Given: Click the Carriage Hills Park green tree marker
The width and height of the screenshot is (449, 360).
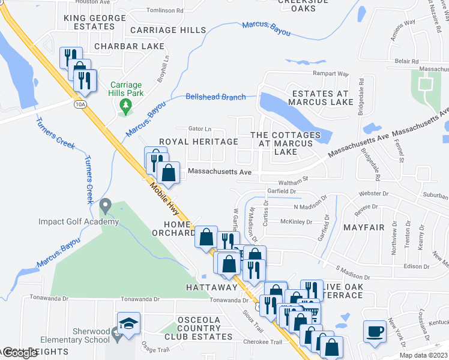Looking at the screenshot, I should point(125,107).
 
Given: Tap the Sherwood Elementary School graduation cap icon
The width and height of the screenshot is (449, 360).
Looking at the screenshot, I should point(128,324).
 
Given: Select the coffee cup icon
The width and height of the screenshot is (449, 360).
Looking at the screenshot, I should point(375,331).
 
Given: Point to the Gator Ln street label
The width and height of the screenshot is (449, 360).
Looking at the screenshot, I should point(200,128).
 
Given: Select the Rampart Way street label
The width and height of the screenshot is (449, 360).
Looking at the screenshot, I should point(331,74).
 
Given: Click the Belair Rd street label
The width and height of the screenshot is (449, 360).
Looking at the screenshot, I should point(406,61).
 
